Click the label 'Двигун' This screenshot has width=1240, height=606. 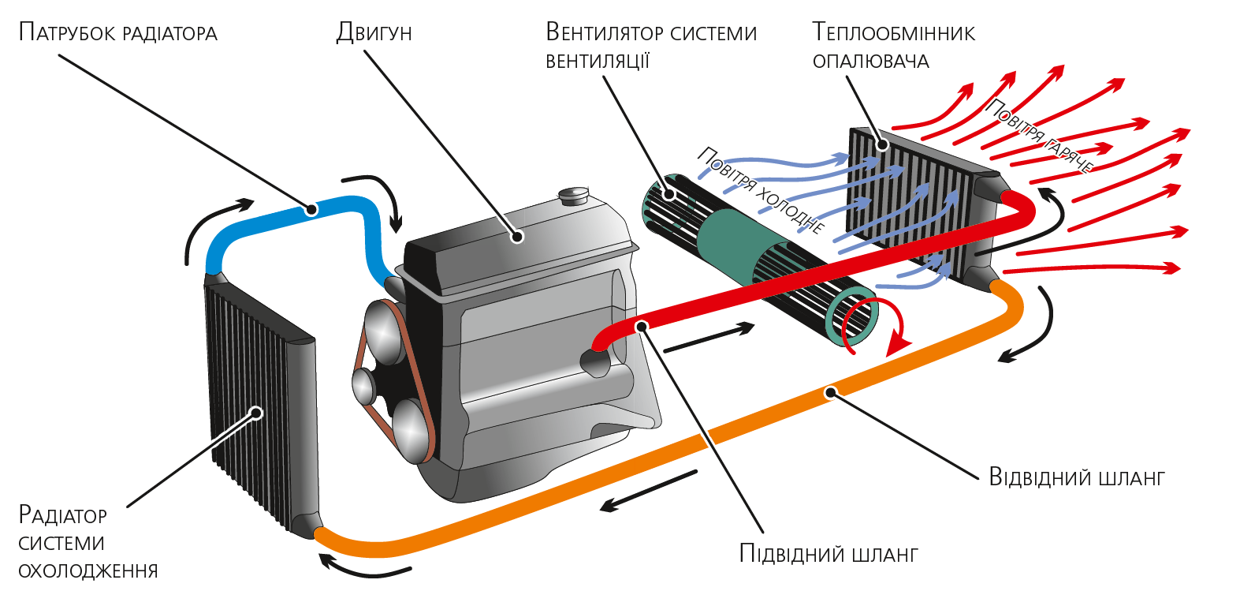tap(374, 32)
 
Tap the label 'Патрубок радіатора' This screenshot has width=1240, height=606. tap(117, 32)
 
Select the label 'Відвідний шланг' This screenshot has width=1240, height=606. tap(1076, 477)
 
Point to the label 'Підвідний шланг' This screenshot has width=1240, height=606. tap(829, 553)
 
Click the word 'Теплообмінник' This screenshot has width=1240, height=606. tap(893, 32)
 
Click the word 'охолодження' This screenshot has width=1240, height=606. tap(88, 570)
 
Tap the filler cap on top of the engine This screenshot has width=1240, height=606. tap(573, 194)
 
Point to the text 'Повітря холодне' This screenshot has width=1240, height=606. tap(761, 190)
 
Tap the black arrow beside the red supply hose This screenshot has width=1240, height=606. tap(709, 338)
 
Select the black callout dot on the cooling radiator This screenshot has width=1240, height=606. tap(255, 412)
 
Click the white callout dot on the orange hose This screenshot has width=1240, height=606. tap(830, 391)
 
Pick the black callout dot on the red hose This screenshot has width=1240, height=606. tap(642, 325)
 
